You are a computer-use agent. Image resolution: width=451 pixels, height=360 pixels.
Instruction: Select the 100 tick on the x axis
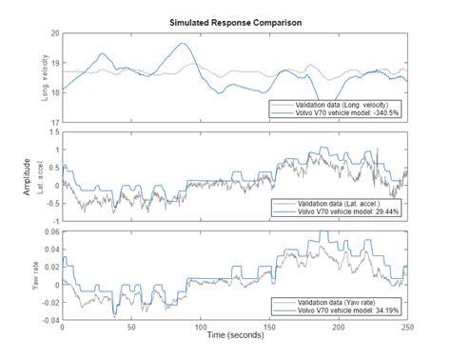(x=199, y=328)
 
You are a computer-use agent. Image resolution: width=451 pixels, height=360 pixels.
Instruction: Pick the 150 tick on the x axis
(x=268, y=328)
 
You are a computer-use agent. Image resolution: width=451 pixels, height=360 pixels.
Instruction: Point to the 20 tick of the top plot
(x=53, y=32)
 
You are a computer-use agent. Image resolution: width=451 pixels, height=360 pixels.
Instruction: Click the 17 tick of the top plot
(x=53, y=122)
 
